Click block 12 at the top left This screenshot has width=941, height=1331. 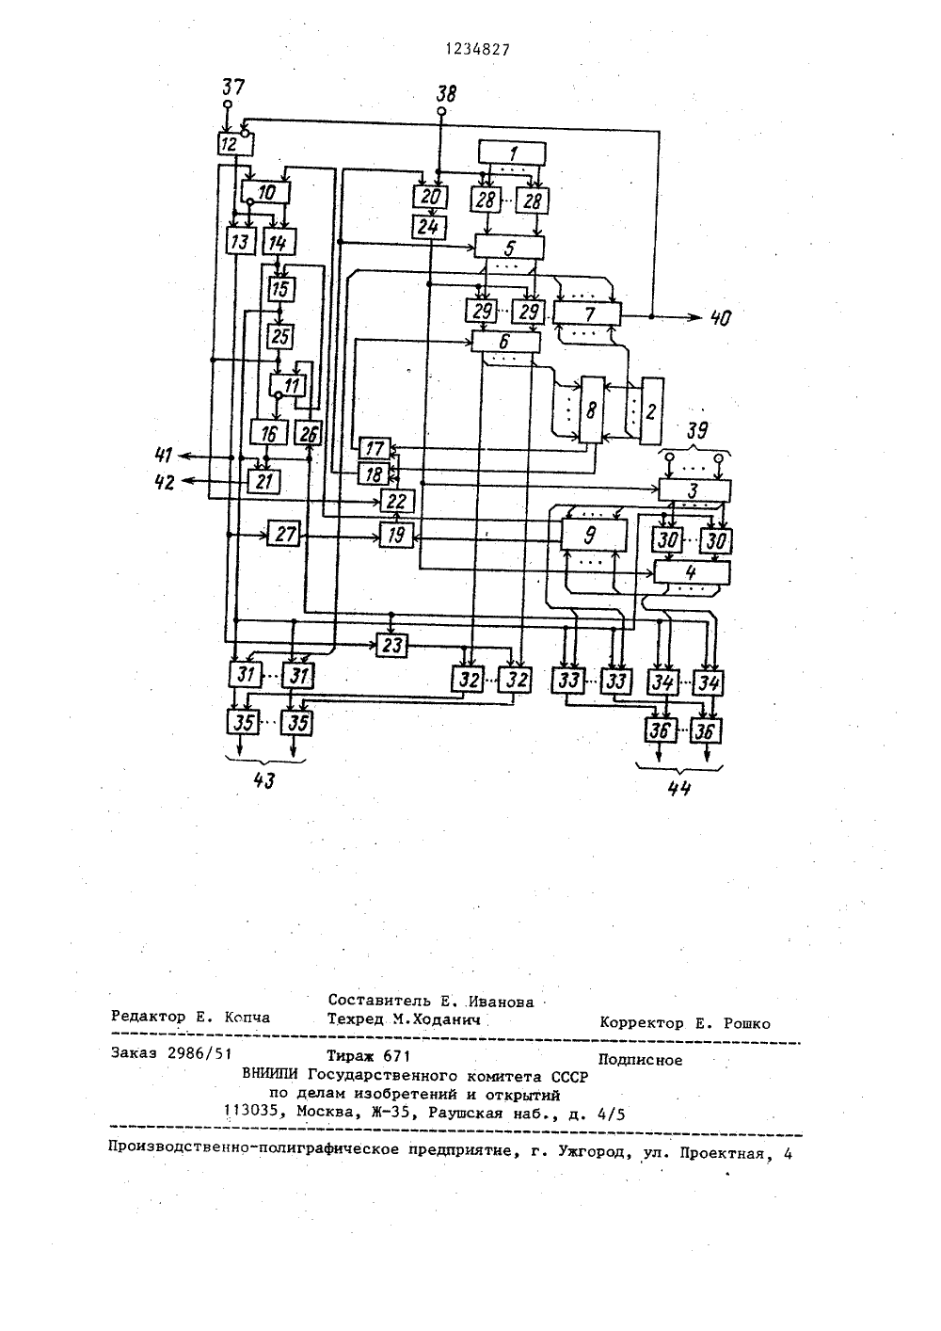235,144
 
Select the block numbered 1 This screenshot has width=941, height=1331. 512,153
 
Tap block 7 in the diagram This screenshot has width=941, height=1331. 587,313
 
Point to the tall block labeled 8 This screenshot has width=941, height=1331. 592,410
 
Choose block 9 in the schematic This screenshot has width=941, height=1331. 594,536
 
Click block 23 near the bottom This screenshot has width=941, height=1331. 391,645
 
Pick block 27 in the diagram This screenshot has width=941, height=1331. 283,535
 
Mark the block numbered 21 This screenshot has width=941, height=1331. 263,481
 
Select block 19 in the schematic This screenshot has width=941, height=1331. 396,536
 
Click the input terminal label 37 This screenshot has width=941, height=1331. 232,88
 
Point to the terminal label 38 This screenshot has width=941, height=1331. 446,93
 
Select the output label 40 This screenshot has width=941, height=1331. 721,318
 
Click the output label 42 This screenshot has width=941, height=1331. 165,483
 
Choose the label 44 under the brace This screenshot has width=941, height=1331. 679,789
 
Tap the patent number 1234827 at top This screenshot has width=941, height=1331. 478,51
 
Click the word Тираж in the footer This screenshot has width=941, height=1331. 350,1055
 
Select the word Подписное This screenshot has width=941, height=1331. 640,1060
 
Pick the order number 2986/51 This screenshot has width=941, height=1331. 199,1053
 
